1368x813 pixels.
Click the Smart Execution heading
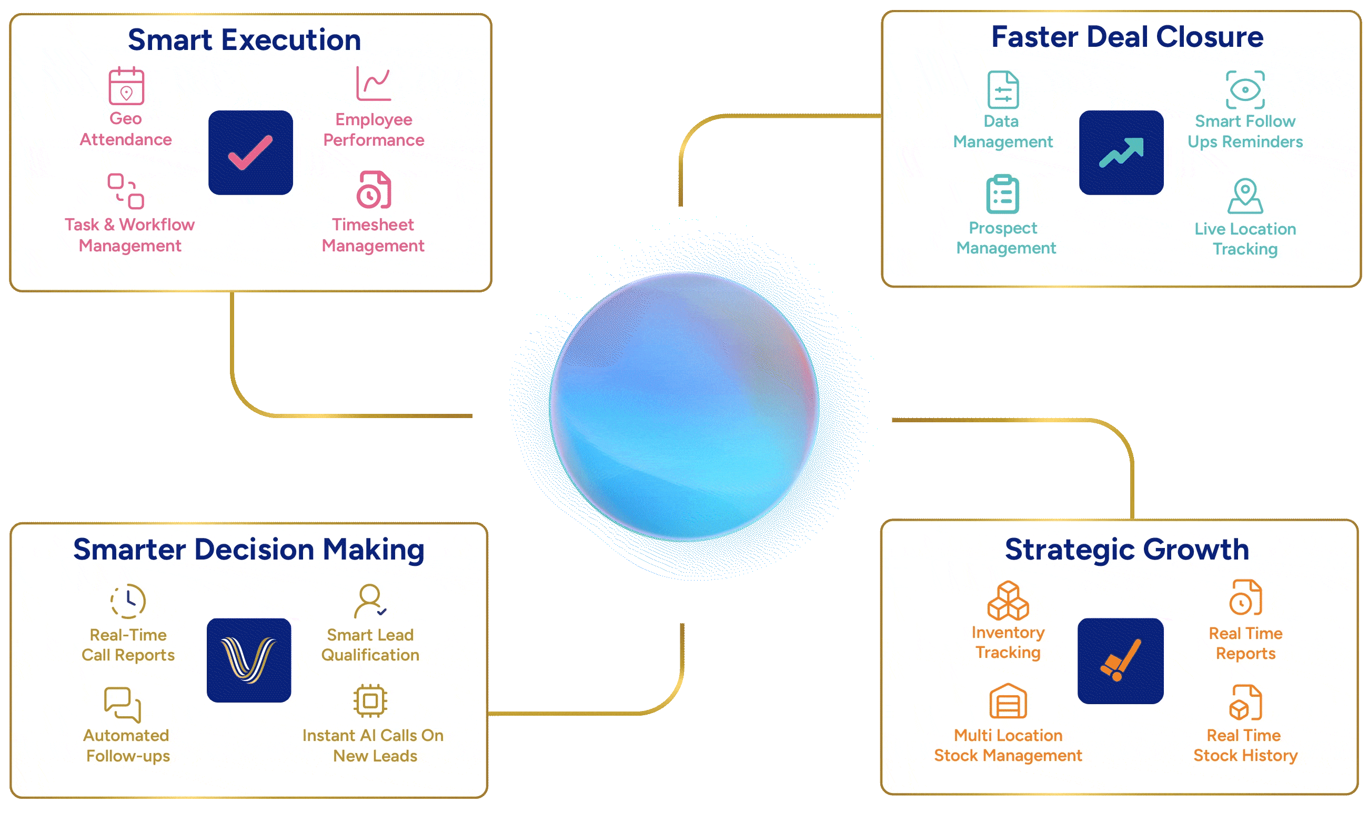[245, 40]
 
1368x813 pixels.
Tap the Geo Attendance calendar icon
[126, 86]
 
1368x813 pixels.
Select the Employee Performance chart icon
[374, 84]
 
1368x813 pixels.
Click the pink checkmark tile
[250, 153]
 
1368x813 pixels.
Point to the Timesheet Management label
[373, 235]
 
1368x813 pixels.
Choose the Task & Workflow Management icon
[126, 191]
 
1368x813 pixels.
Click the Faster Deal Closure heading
[1128, 37]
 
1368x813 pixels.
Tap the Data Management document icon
[1003, 90]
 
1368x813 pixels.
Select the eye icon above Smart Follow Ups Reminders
[1245, 90]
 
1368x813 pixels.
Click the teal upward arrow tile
[1121, 153]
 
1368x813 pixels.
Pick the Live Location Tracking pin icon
[1245, 196]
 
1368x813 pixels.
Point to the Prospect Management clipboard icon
[1002, 194]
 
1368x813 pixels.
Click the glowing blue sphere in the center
[684, 406]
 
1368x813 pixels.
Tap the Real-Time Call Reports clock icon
[128, 601]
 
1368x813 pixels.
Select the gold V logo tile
[249, 660]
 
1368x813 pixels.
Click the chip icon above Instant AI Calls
[370, 700]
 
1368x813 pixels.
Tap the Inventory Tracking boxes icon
[1008, 601]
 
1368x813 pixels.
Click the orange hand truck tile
[1120, 660]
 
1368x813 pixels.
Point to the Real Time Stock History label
[1245, 745]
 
